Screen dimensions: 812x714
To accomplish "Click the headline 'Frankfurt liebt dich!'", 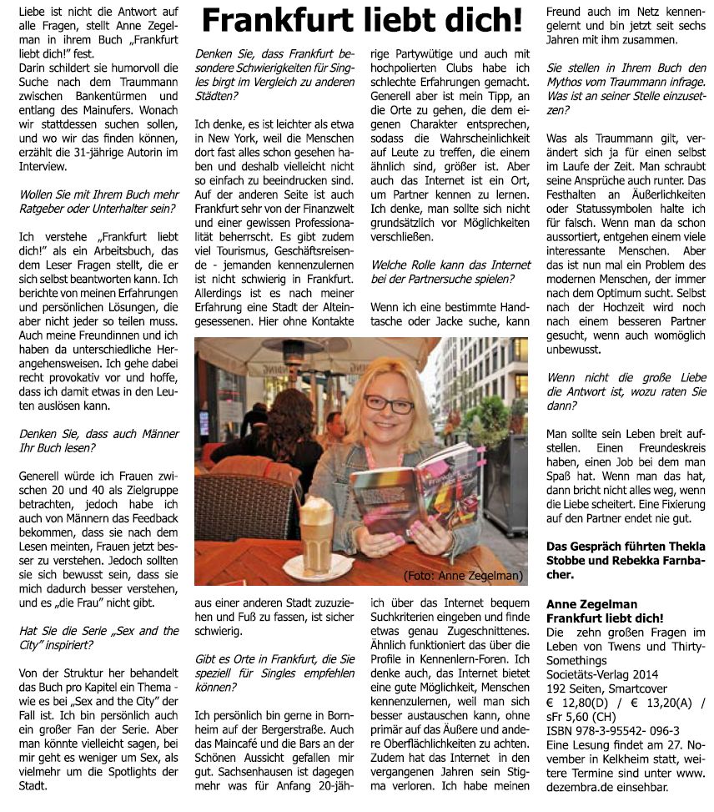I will tap(364, 20).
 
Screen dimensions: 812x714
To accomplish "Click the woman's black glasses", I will tap(388, 404).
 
